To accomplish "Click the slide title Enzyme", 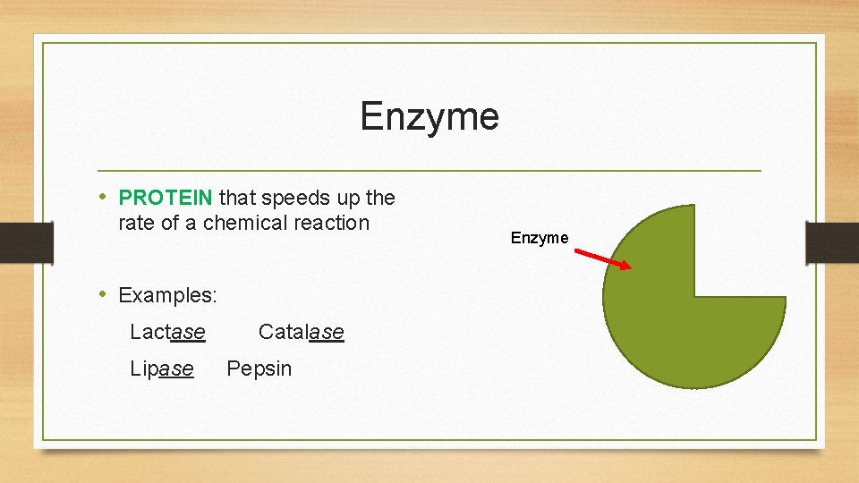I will click(429, 116).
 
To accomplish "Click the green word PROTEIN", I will click(166, 197).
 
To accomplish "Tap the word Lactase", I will click(167, 332).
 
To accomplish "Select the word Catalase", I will click(301, 332).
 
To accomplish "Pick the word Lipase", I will click(161, 369).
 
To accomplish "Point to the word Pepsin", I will click(259, 369).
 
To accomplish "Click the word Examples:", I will click(167, 295).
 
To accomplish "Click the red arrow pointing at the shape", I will click(602, 258).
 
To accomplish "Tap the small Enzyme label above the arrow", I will click(540, 238).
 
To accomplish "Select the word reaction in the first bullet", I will click(333, 223).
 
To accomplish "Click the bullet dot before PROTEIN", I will click(104, 197).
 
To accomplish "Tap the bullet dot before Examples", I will click(104, 294).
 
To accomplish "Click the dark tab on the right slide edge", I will click(832, 242).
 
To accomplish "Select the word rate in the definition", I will click(136, 223).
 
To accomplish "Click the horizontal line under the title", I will click(429, 170).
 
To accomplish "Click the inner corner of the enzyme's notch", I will click(694, 296).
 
